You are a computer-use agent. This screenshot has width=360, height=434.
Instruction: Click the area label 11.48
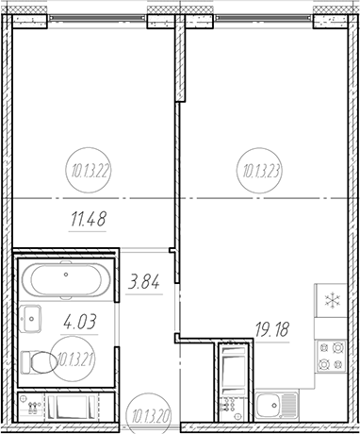(89, 219)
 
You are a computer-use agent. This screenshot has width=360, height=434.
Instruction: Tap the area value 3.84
(144, 281)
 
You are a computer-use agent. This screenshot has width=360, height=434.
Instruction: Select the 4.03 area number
(79, 322)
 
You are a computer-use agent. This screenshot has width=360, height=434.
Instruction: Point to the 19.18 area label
(271, 329)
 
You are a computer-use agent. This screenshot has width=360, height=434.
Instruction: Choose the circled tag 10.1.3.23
(259, 170)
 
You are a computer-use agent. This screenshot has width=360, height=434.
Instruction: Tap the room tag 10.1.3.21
(73, 359)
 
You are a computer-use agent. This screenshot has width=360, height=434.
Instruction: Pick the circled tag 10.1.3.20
(149, 413)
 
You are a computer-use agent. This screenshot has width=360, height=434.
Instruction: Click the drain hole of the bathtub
(66, 275)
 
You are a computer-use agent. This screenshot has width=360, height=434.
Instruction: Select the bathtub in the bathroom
(66, 280)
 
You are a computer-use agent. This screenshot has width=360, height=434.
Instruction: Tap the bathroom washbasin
(30, 319)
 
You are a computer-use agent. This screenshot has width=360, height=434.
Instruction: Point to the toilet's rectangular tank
(26, 362)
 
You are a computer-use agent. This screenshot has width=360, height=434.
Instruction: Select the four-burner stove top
(332, 356)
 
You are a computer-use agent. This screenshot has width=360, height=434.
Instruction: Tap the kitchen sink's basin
(269, 406)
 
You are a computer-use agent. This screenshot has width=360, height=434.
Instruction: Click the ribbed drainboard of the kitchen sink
(289, 406)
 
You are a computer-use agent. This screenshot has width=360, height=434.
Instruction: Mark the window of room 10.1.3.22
(97, 19)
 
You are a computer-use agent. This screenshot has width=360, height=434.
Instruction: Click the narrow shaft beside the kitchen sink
(233, 382)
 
